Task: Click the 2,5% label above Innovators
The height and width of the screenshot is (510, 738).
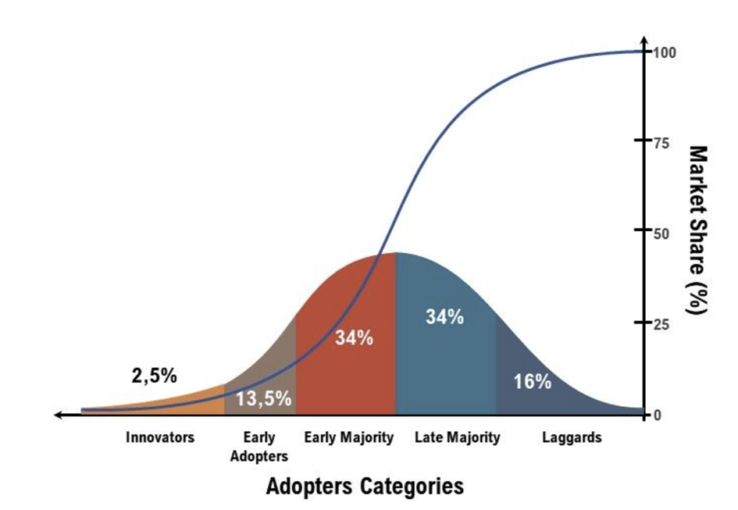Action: click(155, 376)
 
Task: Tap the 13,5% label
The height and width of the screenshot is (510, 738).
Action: click(264, 399)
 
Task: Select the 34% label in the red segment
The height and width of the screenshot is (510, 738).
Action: click(354, 338)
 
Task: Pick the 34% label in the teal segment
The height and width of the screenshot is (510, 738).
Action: click(445, 317)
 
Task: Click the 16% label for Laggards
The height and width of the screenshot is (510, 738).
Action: click(533, 382)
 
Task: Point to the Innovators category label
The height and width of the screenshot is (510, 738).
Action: click(160, 437)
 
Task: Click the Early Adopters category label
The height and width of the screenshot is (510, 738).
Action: click(259, 447)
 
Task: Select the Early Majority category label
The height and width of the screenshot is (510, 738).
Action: click(348, 437)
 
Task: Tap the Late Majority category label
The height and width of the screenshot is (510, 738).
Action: click(457, 437)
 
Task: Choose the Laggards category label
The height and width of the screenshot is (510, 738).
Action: click(572, 437)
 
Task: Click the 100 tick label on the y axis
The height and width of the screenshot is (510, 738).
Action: click(665, 52)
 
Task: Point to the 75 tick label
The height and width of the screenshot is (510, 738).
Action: click(661, 142)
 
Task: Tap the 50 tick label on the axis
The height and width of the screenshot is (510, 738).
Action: click(661, 233)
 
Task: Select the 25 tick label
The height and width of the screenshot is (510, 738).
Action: click(661, 323)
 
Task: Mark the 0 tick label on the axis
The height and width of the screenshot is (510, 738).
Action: click(658, 415)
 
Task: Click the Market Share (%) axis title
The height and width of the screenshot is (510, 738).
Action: click(697, 230)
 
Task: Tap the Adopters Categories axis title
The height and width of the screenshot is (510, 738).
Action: click(365, 487)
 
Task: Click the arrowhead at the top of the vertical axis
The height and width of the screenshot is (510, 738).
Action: click(644, 40)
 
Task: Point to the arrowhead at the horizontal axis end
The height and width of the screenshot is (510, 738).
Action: click(59, 415)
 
